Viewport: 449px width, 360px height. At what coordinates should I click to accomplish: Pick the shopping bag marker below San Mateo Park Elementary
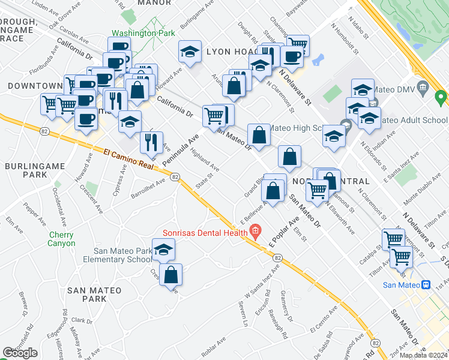(x=171, y=275)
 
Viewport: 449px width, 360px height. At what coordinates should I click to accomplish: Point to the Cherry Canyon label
(x=62, y=239)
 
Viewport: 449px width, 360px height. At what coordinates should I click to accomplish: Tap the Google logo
(x=20, y=353)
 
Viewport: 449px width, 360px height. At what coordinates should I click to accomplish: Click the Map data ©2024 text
(x=423, y=355)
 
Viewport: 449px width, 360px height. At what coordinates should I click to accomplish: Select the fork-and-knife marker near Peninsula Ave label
(x=151, y=143)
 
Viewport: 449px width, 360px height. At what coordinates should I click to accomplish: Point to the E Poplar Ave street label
(x=284, y=235)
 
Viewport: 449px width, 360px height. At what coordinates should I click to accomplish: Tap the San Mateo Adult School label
(x=408, y=120)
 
